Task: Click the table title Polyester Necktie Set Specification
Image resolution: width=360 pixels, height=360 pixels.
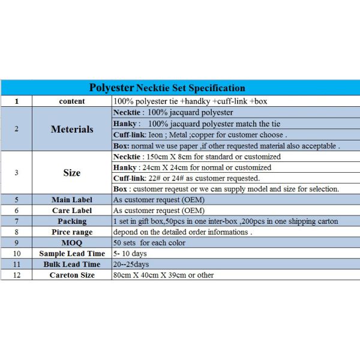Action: [x=167, y=88]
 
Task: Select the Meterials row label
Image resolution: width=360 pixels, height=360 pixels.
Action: [x=72, y=129]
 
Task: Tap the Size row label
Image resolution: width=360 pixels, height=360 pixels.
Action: [x=72, y=173]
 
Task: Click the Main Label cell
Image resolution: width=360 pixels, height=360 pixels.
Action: [x=72, y=200]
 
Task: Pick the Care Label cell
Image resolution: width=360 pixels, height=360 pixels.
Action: [x=72, y=211]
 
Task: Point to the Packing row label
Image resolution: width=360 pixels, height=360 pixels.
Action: [x=72, y=221]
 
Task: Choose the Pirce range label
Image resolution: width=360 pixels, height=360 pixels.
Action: [x=72, y=232]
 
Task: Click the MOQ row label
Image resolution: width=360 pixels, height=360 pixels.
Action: [x=72, y=243]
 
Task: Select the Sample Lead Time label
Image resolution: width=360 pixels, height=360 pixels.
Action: [x=72, y=254]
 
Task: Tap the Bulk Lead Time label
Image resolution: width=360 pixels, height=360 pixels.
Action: [x=72, y=265]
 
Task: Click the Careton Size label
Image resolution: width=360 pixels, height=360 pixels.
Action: [x=72, y=275]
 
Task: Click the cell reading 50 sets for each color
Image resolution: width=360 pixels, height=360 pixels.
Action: [x=149, y=243]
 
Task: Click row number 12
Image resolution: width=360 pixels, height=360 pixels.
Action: [x=16, y=275]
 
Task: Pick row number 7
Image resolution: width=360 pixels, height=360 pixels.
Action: [x=16, y=221]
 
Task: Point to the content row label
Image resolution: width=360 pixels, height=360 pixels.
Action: [x=72, y=101]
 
